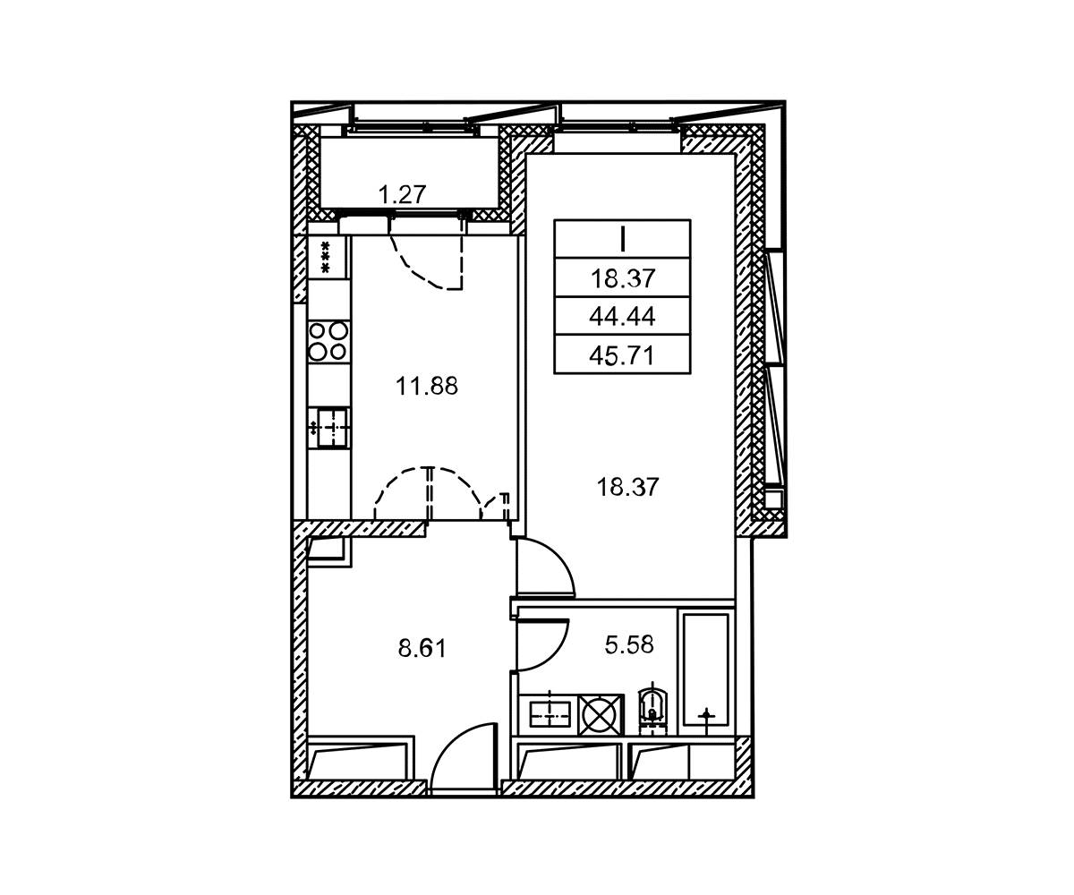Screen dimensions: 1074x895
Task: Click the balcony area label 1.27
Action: click(x=402, y=195)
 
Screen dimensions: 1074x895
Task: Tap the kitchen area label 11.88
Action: click(x=426, y=385)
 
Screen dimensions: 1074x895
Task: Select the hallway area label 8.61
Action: click(x=422, y=649)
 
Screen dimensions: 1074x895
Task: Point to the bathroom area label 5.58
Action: click(x=629, y=644)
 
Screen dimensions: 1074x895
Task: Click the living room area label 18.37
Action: click(x=627, y=487)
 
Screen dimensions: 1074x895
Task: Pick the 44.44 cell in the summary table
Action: click(x=622, y=316)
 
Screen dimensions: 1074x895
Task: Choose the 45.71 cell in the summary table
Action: click(x=622, y=355)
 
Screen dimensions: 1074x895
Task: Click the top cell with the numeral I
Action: click(x=622, y=239)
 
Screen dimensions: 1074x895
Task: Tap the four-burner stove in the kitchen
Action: click(x=328, y=340)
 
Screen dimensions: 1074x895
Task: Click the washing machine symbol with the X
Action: click(x=601, y=714)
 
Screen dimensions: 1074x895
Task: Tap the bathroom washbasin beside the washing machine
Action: click(x=549, y=714)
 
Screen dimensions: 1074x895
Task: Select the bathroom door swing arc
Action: click(x=541, y=646)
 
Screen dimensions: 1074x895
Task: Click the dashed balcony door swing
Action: click(x=427, y=262)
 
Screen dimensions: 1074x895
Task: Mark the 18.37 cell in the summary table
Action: click(x=622, y=277)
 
